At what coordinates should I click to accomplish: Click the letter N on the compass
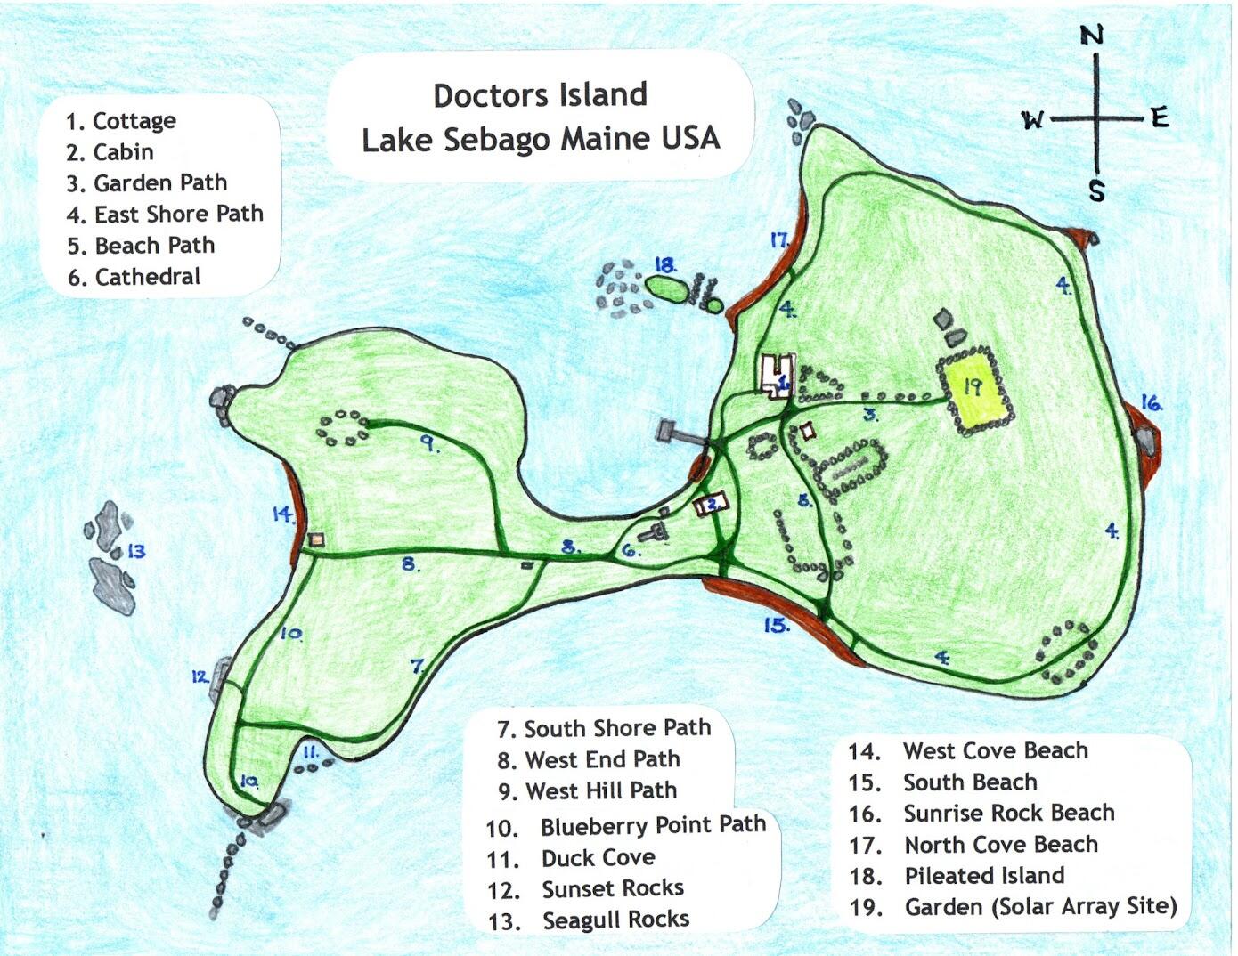(1092, 36)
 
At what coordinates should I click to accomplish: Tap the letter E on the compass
(1159, 117)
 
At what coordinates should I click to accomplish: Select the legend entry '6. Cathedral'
(134, 277)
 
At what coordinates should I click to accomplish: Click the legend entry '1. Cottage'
(121, 121)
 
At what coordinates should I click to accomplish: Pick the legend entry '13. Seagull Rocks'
(589, 920)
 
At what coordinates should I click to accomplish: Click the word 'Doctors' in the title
(482, 95)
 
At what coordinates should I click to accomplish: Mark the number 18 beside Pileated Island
(664, 265)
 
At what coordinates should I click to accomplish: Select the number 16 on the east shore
(1152, 403)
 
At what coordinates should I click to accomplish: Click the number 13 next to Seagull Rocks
(135, 552)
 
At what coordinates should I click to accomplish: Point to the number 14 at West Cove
(282, 514)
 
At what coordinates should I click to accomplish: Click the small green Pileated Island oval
(664, 288)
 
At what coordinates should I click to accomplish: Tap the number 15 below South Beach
(776, 626)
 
